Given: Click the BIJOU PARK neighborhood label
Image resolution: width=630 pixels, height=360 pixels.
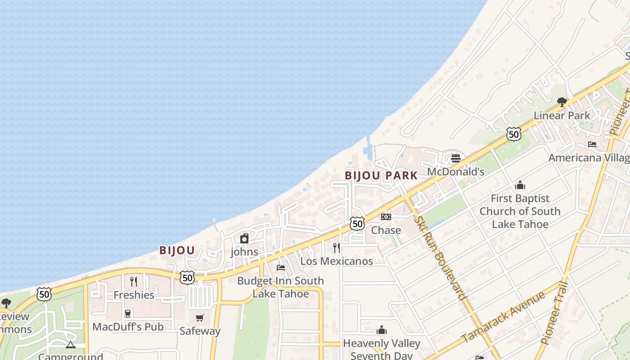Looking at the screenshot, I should coord(381,175).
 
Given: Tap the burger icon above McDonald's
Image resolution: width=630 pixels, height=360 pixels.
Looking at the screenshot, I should coord(455,158).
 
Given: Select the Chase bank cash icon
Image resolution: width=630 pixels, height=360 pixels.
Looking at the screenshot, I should coord(386,217).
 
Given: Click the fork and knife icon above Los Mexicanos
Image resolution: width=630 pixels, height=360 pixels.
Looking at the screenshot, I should coord(336,247).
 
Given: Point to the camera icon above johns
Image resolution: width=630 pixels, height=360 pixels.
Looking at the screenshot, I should coord(244,238).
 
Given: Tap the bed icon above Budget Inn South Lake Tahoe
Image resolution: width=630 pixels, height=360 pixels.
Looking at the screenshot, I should coord(281,267).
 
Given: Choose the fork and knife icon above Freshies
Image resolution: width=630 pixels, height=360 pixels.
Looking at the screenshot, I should coord(134,282).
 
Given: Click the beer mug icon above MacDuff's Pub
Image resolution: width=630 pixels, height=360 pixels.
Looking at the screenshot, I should coord(128,313).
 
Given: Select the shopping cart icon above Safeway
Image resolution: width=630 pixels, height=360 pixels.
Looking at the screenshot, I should coord(200,318).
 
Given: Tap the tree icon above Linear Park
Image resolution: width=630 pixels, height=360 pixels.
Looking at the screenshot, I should coord(562,102).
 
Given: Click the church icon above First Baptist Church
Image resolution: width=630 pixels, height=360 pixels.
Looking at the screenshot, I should coord(520,185).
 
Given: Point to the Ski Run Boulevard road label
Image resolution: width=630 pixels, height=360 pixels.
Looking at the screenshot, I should coord(440,258).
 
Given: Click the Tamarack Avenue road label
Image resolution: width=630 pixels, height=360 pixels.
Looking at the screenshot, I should coord(503,317).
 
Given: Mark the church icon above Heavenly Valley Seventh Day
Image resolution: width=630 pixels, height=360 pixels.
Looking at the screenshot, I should coord(382,330).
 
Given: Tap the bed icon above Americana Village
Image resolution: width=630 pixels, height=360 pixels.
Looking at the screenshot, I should coord(592,144).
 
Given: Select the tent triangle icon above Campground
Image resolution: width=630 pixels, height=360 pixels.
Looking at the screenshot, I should coord(70,345).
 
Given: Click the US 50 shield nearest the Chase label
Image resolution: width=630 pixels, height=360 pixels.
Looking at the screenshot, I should coord(357,223).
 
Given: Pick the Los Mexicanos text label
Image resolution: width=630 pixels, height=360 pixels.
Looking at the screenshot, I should coord(337,261).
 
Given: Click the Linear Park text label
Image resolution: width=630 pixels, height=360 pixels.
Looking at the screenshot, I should coord(562,116).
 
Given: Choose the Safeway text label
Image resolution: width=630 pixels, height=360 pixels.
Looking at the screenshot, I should coord(200,331).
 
